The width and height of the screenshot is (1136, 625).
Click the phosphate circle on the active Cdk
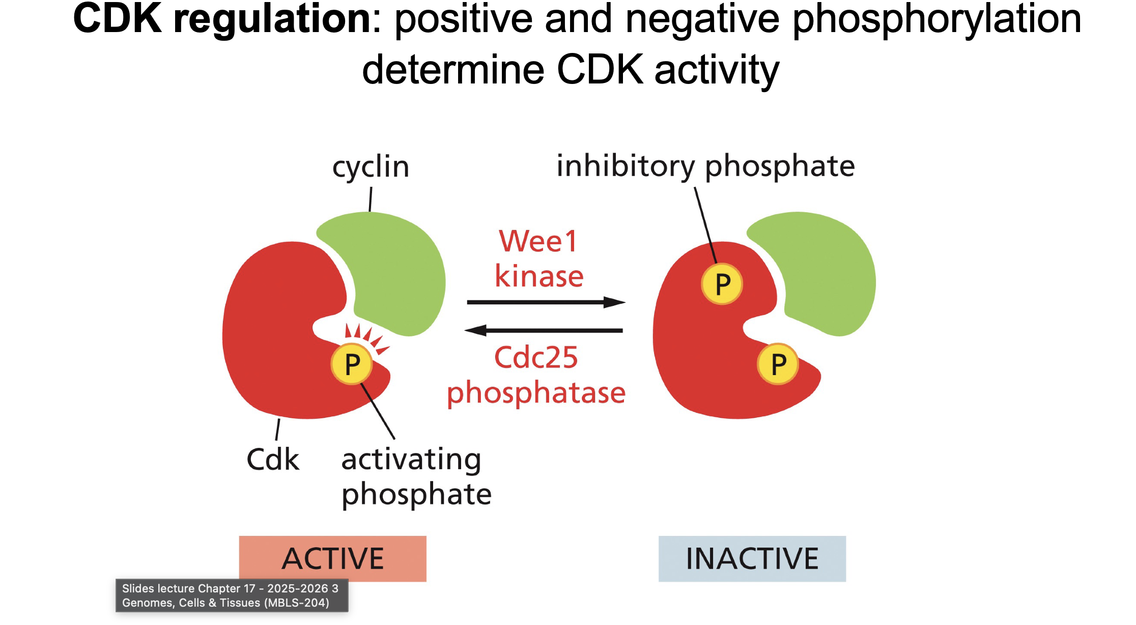click(x=352, y=364)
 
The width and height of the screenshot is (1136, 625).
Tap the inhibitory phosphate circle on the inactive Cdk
click(x=722, y=284)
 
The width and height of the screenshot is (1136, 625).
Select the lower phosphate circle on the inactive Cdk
click(x=778, y=364)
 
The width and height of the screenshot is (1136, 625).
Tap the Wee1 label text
click(x=538, y=241)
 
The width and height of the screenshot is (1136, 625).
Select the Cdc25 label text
click(x=536, y=358)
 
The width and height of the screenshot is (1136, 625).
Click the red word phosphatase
click(x=536, y=393)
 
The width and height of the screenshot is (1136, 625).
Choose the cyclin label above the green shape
click(x=371, y=167)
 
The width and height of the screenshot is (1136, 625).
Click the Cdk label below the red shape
click(x=273, y=460)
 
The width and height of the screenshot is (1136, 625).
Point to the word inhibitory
click(x=625, y=166)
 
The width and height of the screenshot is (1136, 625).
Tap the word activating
click(x=411, y=460)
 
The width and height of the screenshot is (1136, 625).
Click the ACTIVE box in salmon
click(x=332, y=558)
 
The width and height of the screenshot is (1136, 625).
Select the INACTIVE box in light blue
click(x=752, y=558)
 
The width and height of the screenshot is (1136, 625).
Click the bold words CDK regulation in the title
click(x=222, y=19)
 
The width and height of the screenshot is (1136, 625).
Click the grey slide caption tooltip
click(x=232, y=595)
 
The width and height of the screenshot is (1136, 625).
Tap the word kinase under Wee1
click(x=539, y=276)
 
